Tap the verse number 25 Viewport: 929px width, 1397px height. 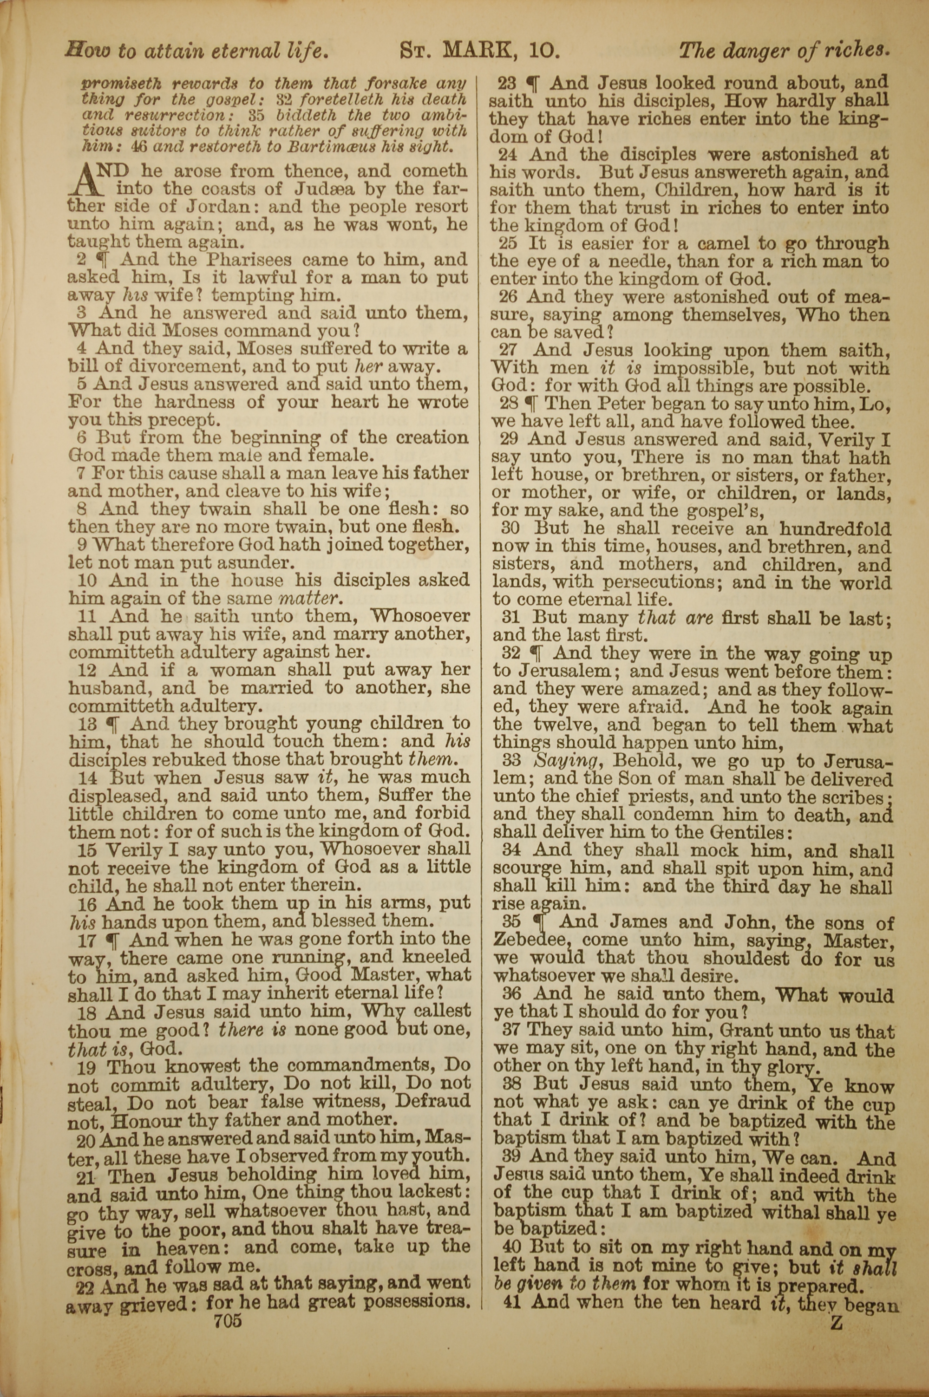coord(508,243)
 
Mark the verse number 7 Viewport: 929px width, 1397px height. coord(82,473)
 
